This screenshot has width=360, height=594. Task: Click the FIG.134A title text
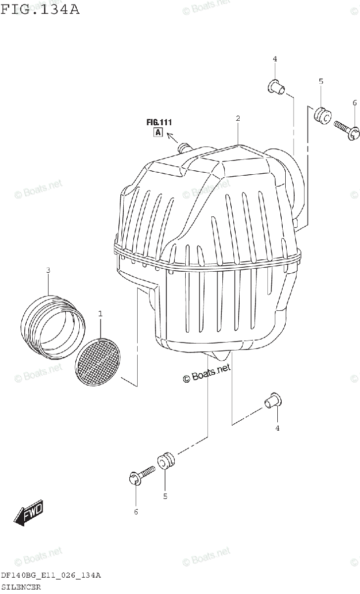tap(40, 9)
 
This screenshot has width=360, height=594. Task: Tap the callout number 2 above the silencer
tap(238, 118)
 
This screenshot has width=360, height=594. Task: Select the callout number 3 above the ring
tap(48, 270)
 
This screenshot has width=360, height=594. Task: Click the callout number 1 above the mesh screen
tap(101, 314)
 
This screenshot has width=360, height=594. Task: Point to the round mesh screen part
tap(98, 362)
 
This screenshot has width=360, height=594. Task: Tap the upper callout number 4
tap(275, 59)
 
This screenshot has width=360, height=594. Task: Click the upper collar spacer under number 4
tap(277, 87)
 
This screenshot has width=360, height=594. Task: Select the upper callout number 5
tap(321, 81)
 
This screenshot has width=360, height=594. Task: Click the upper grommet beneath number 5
tap(322, 116)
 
